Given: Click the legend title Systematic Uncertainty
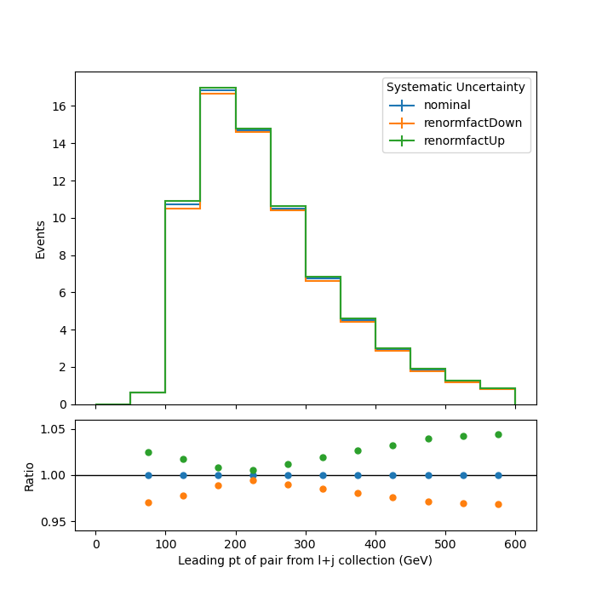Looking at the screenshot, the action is coord(456,87).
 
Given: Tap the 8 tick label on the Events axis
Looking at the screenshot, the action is coord(62,255).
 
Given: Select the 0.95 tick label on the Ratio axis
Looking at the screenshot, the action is coord(53,522).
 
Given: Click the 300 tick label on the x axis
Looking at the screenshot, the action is coord(306,544).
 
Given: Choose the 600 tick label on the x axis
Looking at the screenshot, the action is coord(515,544).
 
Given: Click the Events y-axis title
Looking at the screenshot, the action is coord(40,240).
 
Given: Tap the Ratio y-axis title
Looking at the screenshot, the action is coord(29,477).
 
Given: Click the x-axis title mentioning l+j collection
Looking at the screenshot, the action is coord(305,560).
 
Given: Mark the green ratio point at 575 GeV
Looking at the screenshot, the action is coord(498,435).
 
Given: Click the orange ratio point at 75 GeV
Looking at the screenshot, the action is coord(149,503).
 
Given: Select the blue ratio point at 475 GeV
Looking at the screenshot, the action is coord(428,475).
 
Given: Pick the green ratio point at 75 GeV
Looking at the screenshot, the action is coord(149,453).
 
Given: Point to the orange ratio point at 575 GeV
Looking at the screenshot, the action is coord(498,504).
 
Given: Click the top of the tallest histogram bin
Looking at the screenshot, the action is coord(218,88).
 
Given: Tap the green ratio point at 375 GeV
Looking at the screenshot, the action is coord(358,450).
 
